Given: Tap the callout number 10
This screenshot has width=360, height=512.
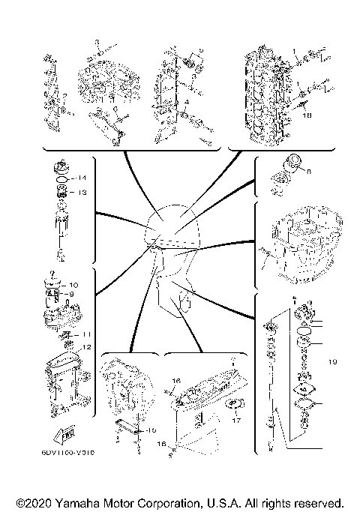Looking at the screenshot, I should [73, 286].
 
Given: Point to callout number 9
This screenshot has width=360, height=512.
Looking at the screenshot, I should [72, 295].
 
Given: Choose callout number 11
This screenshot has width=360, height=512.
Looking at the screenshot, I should [87, 334].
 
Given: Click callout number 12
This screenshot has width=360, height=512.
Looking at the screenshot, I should [87, 346].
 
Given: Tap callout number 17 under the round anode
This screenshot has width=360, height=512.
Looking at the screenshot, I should [237, 421].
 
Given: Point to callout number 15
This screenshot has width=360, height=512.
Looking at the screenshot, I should [151, 430].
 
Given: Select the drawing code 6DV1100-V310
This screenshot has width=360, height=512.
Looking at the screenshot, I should [73, 452].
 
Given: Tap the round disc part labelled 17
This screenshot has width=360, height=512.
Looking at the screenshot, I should [235, 406].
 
